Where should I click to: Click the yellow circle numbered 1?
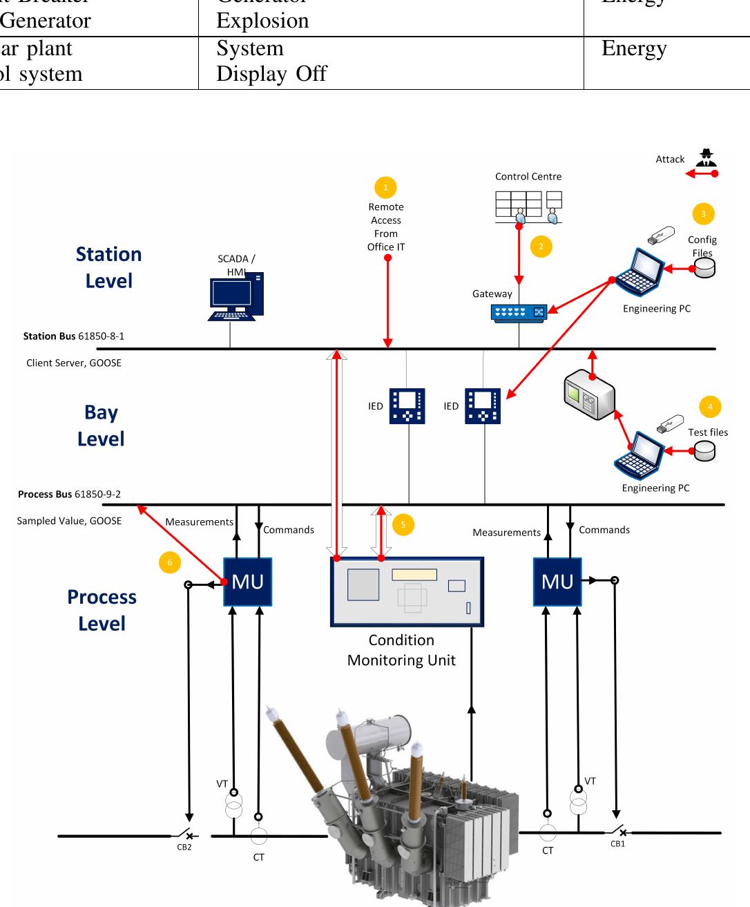(385, 187)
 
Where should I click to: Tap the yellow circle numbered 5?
(403, 525)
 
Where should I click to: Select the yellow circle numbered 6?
(169, 562)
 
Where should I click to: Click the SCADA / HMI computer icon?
(235, 297)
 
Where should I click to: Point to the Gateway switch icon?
(519, 312)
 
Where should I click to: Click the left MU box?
(247, 582)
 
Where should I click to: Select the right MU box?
(557, 582)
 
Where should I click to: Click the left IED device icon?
(407, 405)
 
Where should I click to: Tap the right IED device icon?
(483, 405)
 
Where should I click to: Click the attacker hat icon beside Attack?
(705, 157)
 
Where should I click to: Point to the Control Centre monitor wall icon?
(528, 206)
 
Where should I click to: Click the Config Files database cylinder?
(704, 267)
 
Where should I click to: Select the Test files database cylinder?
(704, 450)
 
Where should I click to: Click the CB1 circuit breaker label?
(617, 844)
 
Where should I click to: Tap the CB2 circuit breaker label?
(184, 847)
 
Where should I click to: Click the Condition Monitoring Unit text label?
(401, 650)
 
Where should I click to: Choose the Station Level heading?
(108, 267)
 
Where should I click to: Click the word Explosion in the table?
(262, 21)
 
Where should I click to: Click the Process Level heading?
(102, 610)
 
